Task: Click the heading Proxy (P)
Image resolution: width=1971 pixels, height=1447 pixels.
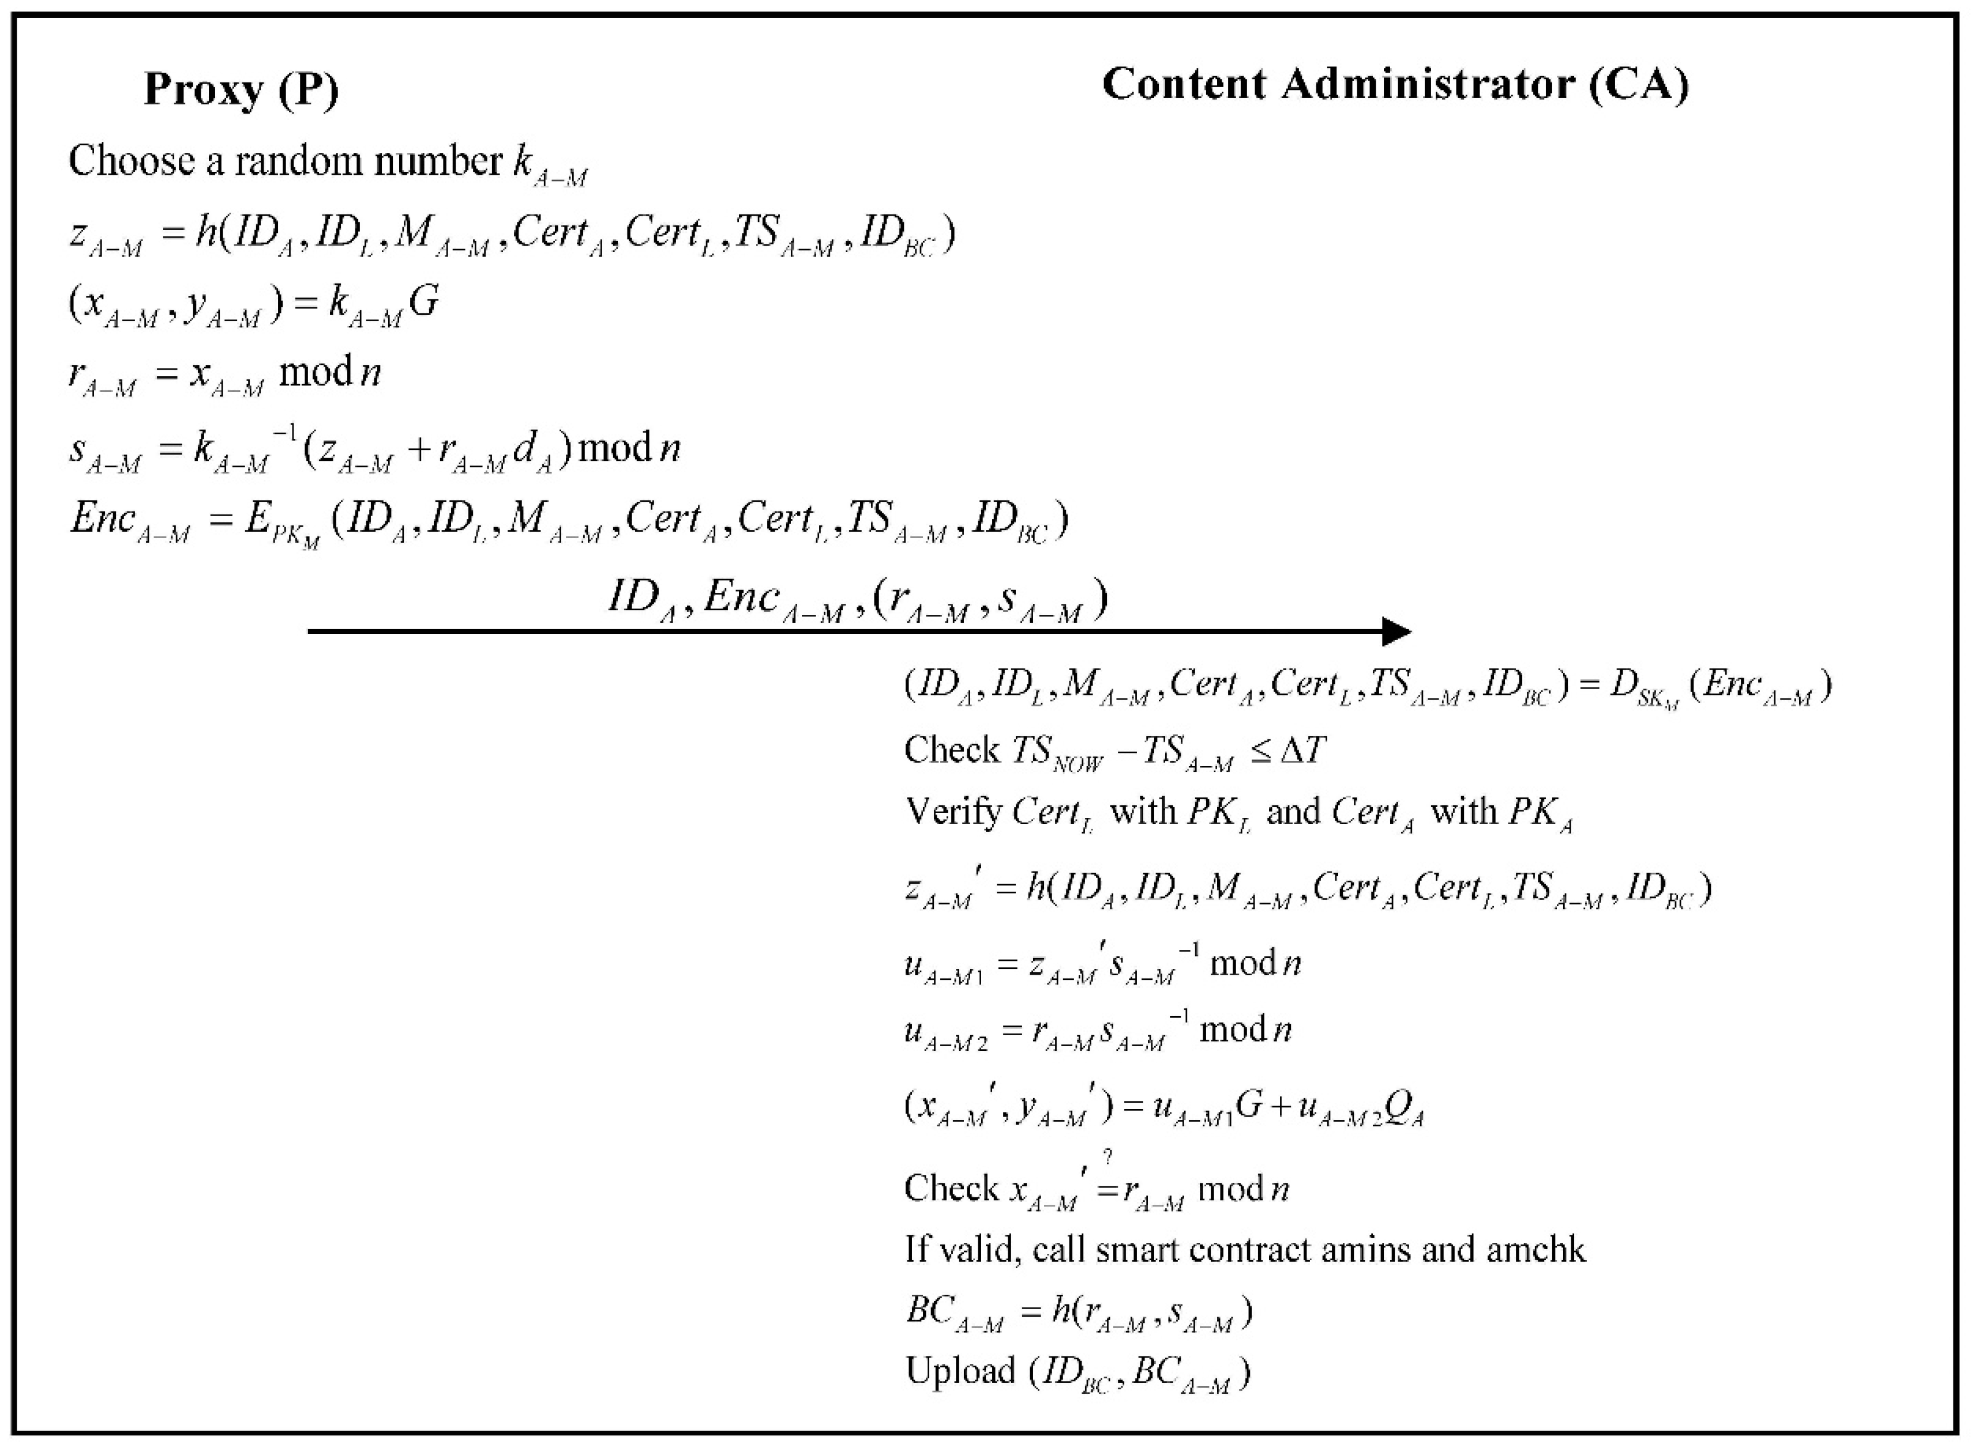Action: [x=241, y=89]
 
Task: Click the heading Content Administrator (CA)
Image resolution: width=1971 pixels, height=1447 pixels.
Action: [x=1395, y=85]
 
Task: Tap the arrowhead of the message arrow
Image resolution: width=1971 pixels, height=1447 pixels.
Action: [x=1396, y=632]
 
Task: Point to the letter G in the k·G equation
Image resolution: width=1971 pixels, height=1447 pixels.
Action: [x=424, y=302]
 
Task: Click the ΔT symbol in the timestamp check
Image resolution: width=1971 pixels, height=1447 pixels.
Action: [x=1302, y=750]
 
